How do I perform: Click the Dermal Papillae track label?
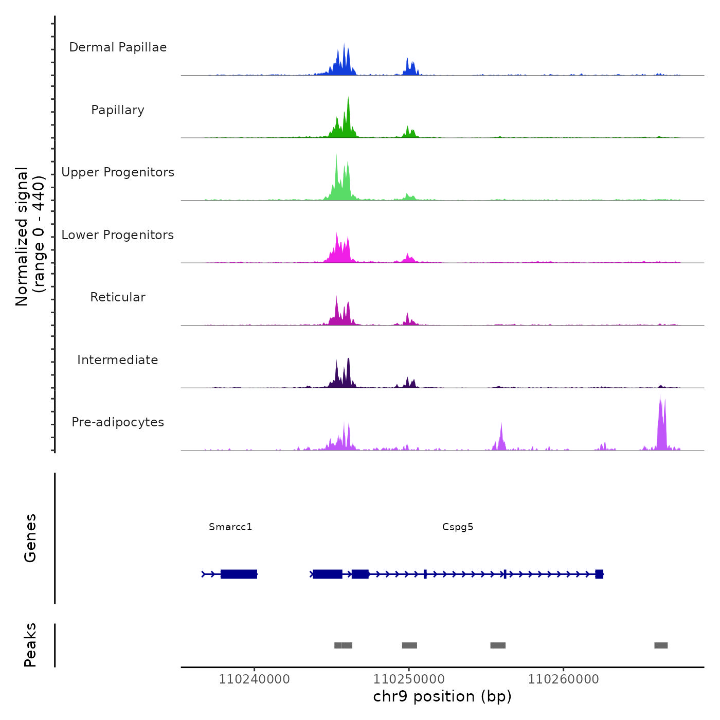tap(118, 47)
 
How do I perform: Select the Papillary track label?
tap(118, 110)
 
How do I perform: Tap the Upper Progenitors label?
tap(118, 172)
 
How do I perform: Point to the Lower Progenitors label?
tap(118, 235)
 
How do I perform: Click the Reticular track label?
tap(118, 297)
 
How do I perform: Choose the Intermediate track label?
tap(118, 360)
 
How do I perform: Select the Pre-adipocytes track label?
tap(118, 422)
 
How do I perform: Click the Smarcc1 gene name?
tap(230, 527)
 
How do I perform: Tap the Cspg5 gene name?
tap(458, 527)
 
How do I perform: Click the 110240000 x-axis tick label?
tap(254, 679)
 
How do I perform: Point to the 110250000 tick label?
tap(409, 679)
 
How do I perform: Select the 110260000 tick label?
tap(564, 679)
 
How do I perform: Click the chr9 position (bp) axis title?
tap(442, 696)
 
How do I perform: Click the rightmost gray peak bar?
tap(661, 645)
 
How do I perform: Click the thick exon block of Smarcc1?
tap(239, 574)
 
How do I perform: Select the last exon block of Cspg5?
tap(599, 574)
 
